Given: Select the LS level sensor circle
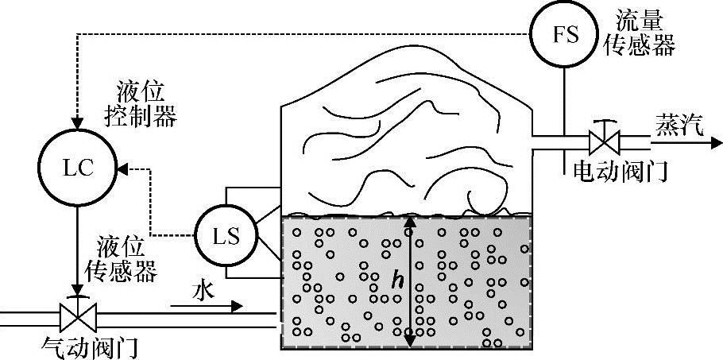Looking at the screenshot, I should click(x=224, y=236).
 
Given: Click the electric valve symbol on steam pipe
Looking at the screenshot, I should click(x=606, y=143).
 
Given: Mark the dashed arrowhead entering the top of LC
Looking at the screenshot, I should click(x=77, y=127).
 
